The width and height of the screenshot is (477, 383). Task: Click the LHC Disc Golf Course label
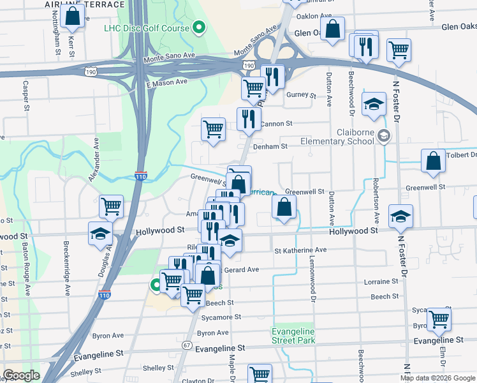tap(147, 28)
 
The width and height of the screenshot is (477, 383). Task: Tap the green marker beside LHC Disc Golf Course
tap(199, 27)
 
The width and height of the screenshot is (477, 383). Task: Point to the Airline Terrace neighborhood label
tap(85, 4)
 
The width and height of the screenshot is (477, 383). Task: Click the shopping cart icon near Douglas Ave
tap(112, 206)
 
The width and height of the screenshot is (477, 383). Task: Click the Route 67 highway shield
tap(186, 345)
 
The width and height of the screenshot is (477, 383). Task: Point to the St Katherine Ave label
tap(300, 250)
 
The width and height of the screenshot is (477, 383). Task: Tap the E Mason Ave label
tap(166, 82)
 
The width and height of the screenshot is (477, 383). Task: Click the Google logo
tap(22, 375)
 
